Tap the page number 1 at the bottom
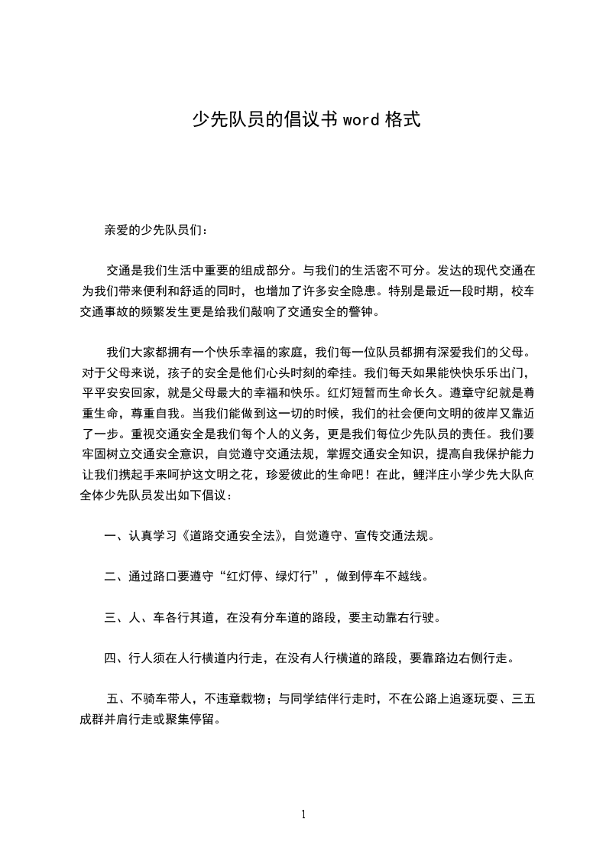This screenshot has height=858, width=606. pyautogui.click(x=303, y=815)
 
